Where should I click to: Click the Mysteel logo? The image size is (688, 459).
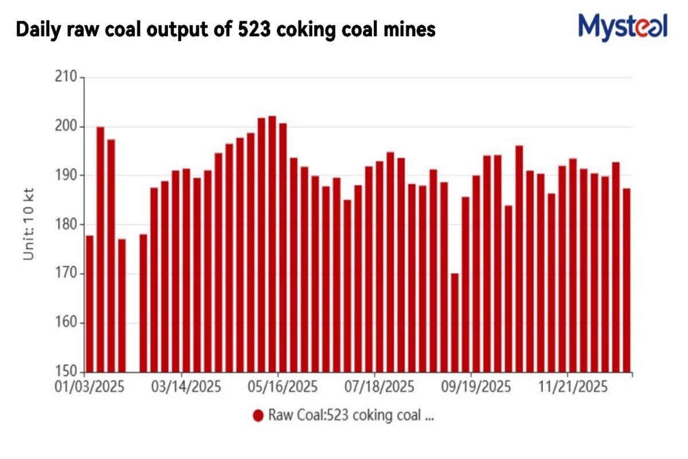(623, 26)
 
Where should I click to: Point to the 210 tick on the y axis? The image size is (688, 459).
(67, 77)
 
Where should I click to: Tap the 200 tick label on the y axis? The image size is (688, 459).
(67, 126)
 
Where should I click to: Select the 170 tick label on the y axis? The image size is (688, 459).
(67, 274)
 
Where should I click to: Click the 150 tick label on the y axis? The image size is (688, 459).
(67, 372)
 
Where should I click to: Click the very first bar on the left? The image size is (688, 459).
(89, 304)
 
